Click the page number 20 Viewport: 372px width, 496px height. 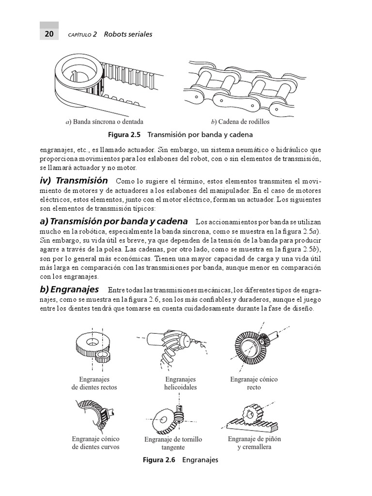click(x=49, y=34)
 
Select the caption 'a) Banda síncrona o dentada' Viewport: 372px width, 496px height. click(x=104, y=122)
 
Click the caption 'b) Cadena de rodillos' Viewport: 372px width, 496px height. click(x=240, y=122)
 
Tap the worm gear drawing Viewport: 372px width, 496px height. click(x=172, y=416)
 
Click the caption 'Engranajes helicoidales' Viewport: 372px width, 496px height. click(x=180, y=384)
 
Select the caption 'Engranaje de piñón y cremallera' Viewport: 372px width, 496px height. click(x=254, y=443)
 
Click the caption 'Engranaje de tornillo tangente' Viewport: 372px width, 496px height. click(x=173, y=443)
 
